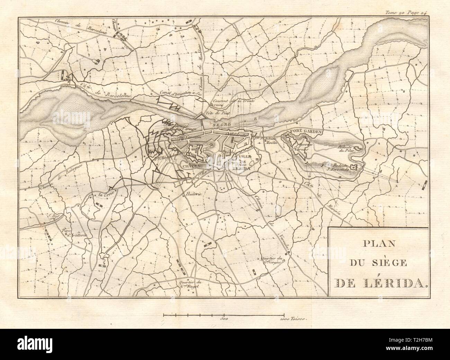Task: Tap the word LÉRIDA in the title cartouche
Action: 398,284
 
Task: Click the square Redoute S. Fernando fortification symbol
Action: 354,168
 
